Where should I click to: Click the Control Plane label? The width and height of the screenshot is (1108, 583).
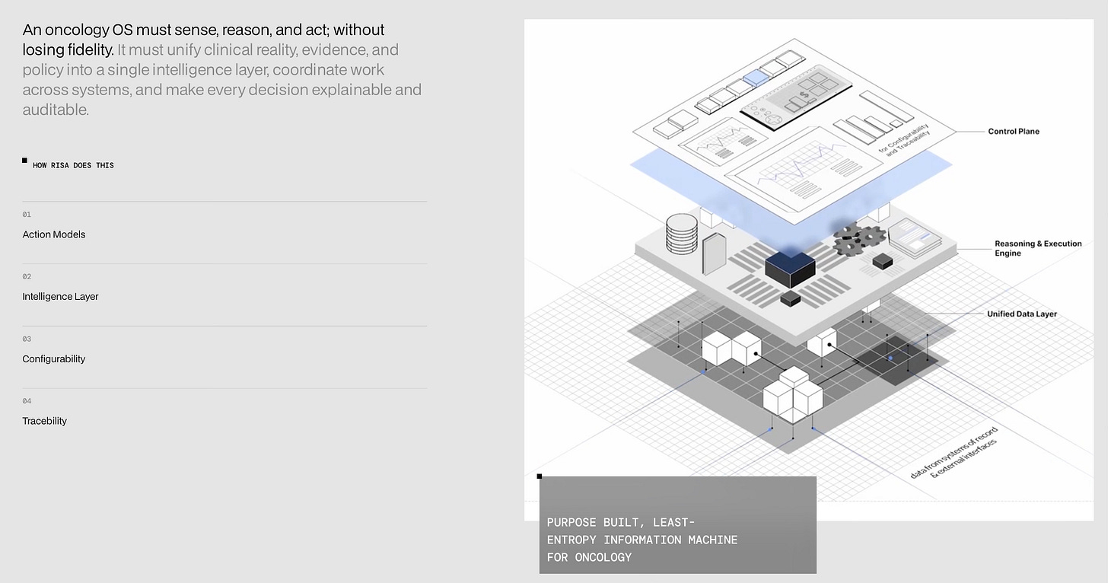(x=1013, y=132)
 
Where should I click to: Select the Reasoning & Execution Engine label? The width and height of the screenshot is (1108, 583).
(x=1037, y=248)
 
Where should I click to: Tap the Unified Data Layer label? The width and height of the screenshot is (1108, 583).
(x=1021, y=314)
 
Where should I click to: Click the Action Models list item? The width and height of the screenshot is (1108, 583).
(x=54, y=234)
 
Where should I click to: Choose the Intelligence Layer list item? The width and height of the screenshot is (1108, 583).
(x=60, y=297)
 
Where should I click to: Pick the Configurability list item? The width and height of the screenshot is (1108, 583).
(x=54, y=359)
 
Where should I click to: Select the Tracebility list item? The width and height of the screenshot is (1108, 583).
(x=45, y=421)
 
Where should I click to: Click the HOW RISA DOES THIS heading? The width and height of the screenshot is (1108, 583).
(x=73, y=165)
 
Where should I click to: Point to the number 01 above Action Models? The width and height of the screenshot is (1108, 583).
(x=27, y=215)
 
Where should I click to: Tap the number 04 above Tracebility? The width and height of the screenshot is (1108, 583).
(x=27, y=401)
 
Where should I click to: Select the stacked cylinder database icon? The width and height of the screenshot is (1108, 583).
(x=681, y=234)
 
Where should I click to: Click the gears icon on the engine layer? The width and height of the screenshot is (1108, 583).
(x=859, y=239)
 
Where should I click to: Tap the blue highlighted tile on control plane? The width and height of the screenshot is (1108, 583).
(x=756, y=78)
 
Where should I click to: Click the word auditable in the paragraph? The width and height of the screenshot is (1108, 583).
(x=55, y=110)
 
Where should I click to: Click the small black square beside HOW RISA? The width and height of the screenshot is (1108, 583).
(x=24, y=161)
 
